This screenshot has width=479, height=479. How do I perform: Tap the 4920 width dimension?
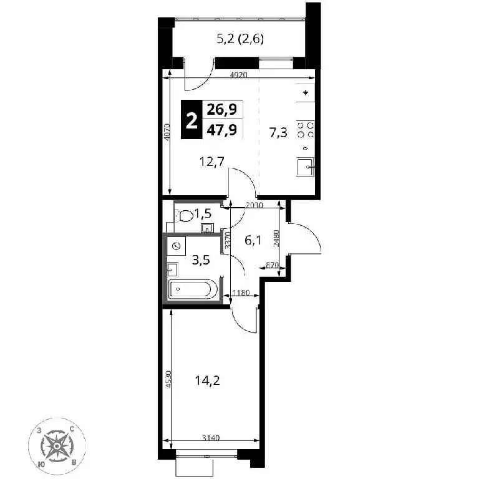[238, 75]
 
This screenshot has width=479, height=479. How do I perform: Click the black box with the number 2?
[191, 120]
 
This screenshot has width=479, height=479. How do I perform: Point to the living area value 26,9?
[222, 109]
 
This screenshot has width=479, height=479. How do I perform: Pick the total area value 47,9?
[222, 130]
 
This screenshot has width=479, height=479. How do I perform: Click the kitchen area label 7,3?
[278, 133]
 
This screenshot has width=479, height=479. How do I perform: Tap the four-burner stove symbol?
[306, 130]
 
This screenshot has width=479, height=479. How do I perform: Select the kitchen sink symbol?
[306, 167]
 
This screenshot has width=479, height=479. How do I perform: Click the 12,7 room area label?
[212, 161]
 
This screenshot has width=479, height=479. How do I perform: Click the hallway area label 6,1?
[253, 241]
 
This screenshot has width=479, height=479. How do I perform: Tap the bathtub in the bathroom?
[193, 289]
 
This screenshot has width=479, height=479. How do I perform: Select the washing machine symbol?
[177, 246]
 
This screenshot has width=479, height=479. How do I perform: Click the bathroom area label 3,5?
[201, 261]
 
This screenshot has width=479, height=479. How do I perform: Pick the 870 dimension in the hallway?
[273, 265]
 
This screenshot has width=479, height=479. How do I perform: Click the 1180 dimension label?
[241, 293]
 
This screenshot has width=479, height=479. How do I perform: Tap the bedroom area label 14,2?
[208, 380]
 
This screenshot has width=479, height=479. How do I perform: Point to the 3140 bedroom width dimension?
[211, 438]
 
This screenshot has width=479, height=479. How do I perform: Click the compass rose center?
[57, 447]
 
